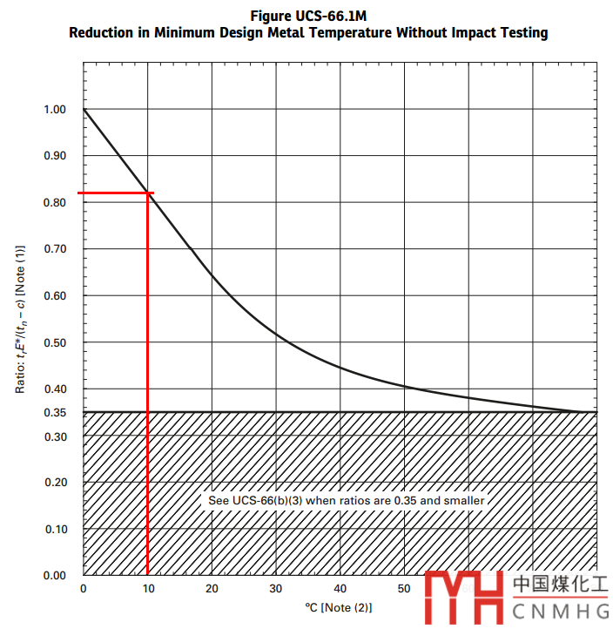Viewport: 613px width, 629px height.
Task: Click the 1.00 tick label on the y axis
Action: [54, 110]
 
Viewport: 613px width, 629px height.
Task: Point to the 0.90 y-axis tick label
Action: [54, 156]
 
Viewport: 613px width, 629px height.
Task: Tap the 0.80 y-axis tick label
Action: [54, 203]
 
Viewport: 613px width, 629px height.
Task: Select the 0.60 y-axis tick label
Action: [54, 296]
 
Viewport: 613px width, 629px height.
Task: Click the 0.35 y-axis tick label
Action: [54, 412]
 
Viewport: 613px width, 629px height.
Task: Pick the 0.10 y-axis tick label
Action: [54, 529]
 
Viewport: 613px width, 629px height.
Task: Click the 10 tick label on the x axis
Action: [148, 589]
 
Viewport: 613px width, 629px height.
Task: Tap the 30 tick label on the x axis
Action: [276, 589]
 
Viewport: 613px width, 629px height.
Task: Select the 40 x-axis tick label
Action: [340, 589]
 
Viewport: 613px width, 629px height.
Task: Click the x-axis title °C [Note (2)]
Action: [338, 607]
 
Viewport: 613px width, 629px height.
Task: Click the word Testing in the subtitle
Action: [522, 33]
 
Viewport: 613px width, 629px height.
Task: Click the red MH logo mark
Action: [464, 596]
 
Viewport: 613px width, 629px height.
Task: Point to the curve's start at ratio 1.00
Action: [84, 110]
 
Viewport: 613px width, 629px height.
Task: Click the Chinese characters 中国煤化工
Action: [560, 583]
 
